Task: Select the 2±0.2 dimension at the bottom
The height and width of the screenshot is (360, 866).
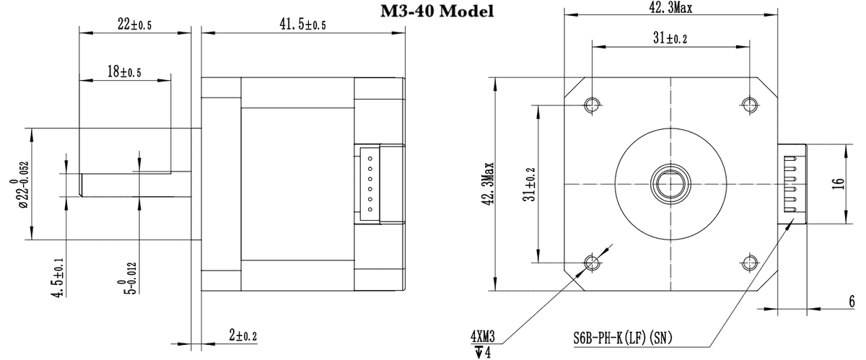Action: (x=243, y=335)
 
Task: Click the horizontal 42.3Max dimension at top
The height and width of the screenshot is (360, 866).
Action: (x=670, y=9)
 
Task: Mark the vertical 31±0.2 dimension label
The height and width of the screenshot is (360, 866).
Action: (x=530, y=184)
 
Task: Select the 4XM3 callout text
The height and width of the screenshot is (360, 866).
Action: (x=484, y=337)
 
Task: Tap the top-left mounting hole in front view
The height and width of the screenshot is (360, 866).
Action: (x=592, y=105)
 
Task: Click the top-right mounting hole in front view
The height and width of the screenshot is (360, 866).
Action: (x=750, y=105)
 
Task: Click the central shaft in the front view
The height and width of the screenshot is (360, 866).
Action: (x=670, y=183)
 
